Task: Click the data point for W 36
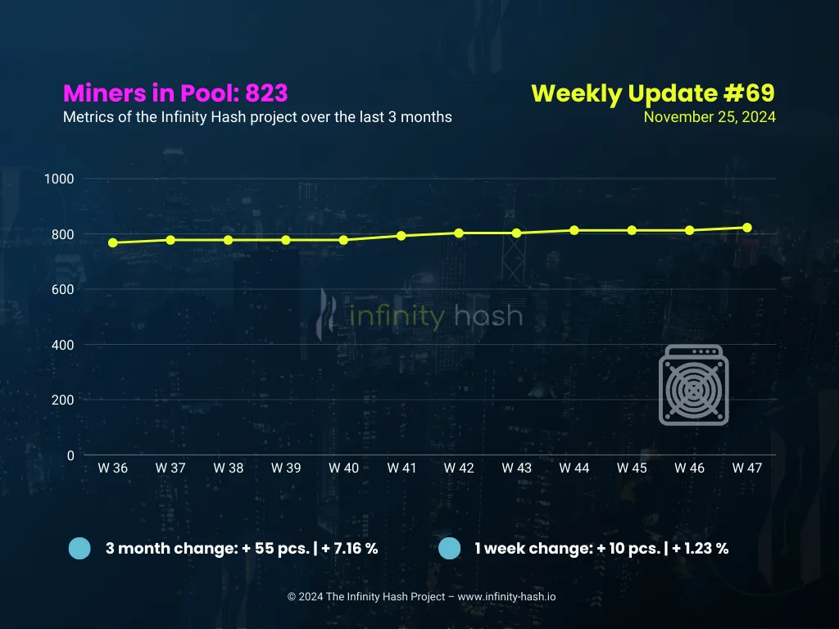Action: coord(113,242)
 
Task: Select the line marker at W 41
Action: coord(401,236)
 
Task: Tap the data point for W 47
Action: coord(747,228)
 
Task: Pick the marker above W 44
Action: coord(574,230)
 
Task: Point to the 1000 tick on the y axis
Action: coord(59,179)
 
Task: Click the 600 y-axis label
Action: coord(62,289)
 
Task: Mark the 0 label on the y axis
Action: coord(70,455)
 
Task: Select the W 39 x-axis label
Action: coord(286,468)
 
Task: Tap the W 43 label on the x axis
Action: coord(516,468)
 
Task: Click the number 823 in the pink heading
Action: coord(266,93)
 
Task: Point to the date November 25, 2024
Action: coord(710,117)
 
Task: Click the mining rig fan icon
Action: coord(693,385)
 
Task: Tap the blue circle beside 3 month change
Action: coord(79,549)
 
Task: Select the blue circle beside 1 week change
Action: coord(450,549)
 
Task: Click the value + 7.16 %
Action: coord(350,549)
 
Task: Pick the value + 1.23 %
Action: coord(701,549)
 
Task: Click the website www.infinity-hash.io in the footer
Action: coord(506,597)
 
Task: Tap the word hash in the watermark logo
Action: coord(488,315)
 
